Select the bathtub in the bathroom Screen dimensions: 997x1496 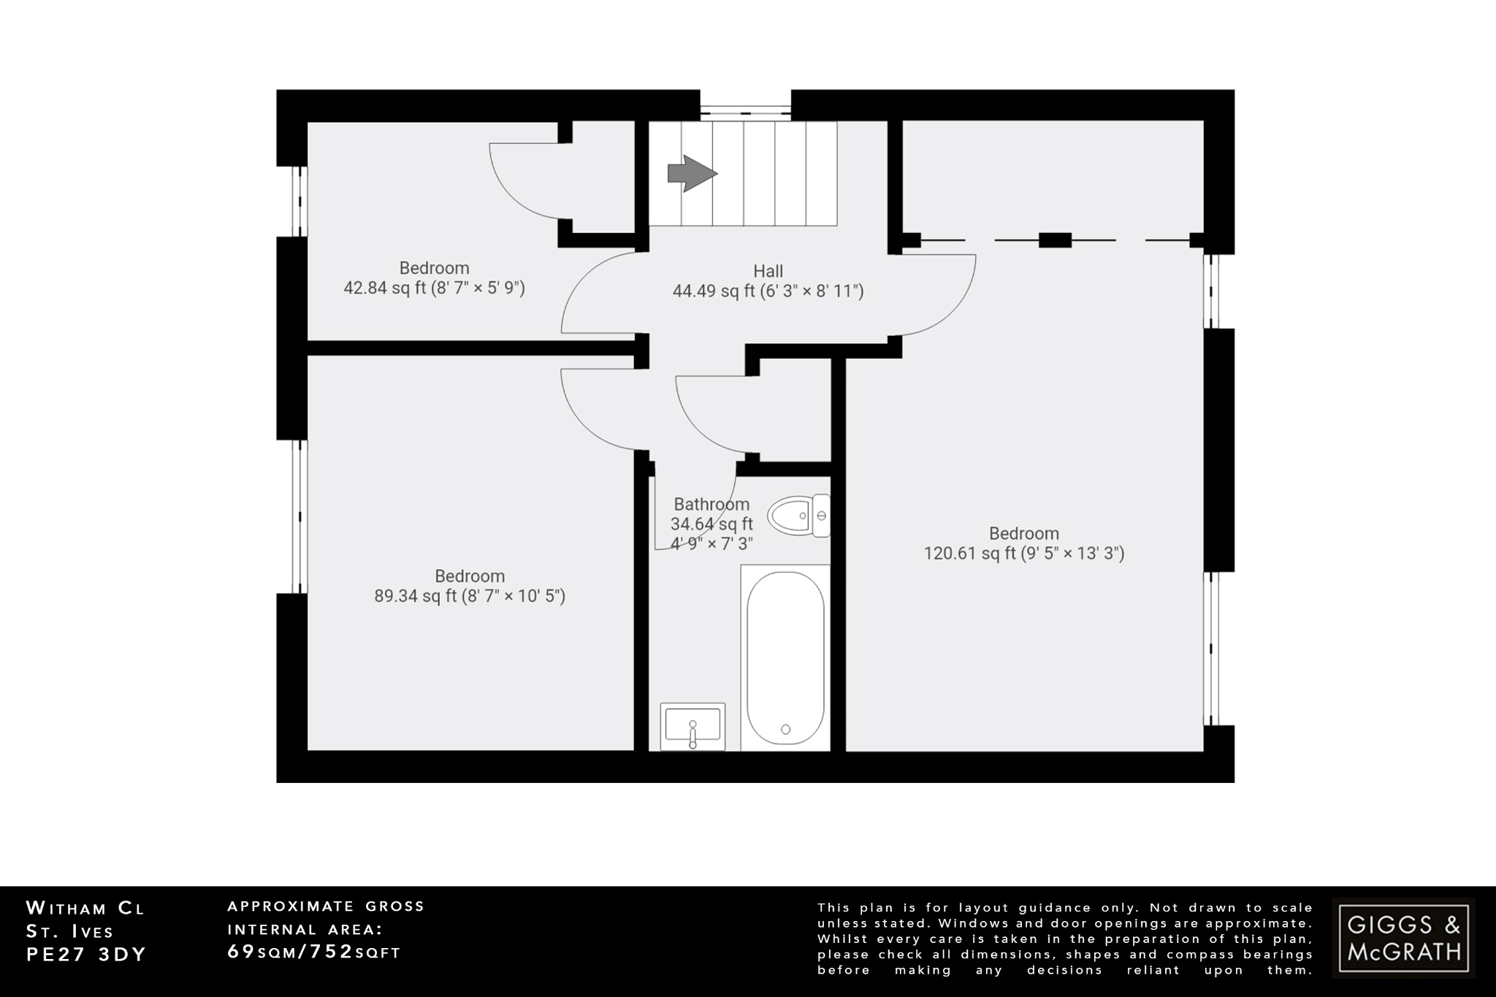pos(785,657)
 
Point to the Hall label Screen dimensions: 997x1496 pos(768,271)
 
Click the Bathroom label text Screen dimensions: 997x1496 pos(711,504)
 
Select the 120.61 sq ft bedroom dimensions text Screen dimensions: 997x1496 pos(1023,554)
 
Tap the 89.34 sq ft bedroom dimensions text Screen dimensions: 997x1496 pos(470,596)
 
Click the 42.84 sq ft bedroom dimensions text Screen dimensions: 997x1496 pos(434,288)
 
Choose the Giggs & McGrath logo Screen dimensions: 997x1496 pos(1403,938)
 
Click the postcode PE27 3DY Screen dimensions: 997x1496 pos(86,955)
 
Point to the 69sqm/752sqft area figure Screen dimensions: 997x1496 pos(314,952)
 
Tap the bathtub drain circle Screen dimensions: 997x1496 pos(785,729)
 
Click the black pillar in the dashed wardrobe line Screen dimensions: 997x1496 pos(1054,240)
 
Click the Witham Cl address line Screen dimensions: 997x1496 pos(85,909)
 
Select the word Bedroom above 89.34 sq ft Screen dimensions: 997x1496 pos(470,576)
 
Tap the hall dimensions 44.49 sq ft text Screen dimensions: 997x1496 pos(768,291)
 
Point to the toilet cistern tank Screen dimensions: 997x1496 pos(821,516)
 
